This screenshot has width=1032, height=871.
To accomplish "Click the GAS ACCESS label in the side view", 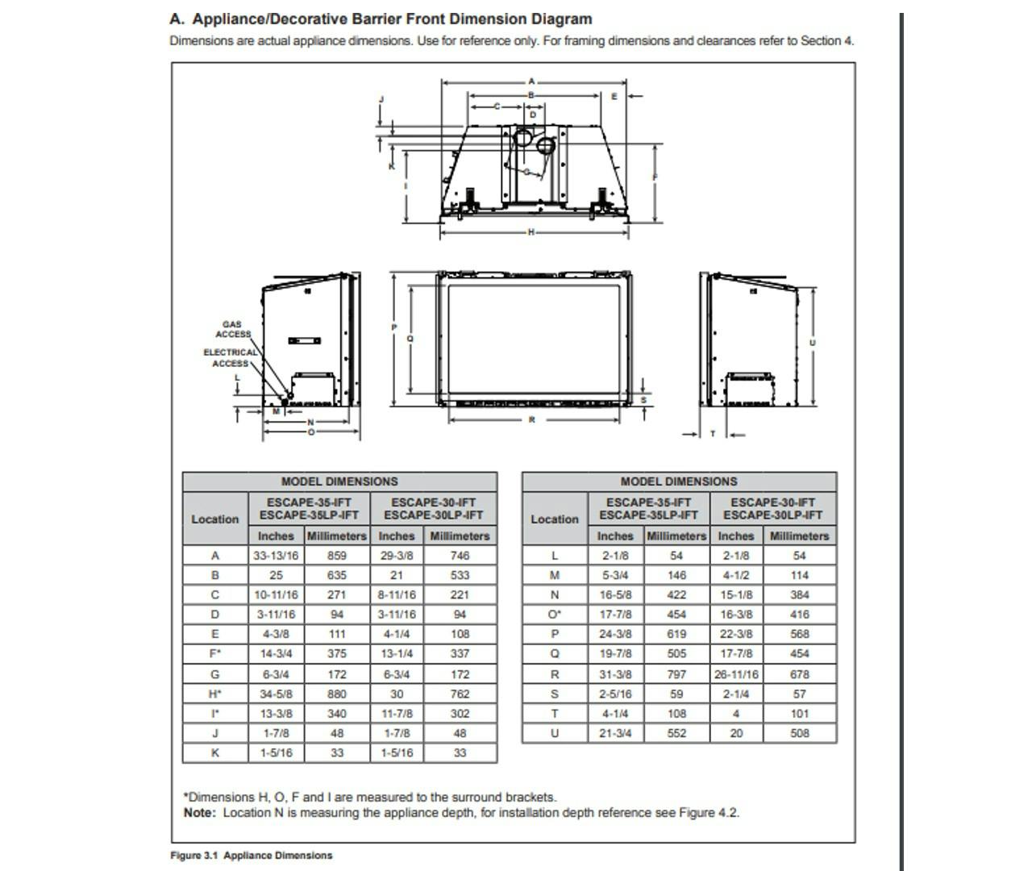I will tap(232, 329).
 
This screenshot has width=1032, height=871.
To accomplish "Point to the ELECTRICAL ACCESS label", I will tap(230, 357).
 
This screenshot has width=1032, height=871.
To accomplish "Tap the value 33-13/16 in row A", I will tap(276, 556).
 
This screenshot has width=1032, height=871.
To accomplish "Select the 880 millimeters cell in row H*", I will tap(337, 694).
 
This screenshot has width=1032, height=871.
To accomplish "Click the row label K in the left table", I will tap(215, 752).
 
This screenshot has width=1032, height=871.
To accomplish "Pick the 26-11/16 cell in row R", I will tap(736, 674).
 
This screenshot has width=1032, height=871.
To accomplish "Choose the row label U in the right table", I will tap(555, 733).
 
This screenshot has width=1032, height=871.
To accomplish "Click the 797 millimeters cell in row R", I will tap(676, 674).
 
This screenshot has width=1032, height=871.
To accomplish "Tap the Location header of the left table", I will tap(215, 519).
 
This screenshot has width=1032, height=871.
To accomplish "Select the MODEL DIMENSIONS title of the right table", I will tap(679, 481).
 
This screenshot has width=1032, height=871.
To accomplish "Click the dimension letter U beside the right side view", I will tap(812, 342).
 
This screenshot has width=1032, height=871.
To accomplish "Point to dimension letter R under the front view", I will tap(532, 419).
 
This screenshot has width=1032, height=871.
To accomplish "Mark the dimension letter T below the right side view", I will tap(713, 434).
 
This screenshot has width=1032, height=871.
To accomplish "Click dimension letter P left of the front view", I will tap(394, 327).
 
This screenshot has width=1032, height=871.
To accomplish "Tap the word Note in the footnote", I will tap(199, 813).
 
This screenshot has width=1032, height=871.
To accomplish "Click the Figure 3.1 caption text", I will tap(251, 856).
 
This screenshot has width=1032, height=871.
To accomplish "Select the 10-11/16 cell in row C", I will tap(276, 595).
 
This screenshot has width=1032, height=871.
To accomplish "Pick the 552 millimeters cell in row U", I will tap(676, 733).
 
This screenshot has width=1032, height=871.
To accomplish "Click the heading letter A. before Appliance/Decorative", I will tap(177, 19).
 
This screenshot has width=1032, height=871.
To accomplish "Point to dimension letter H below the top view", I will tap(531, 232).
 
